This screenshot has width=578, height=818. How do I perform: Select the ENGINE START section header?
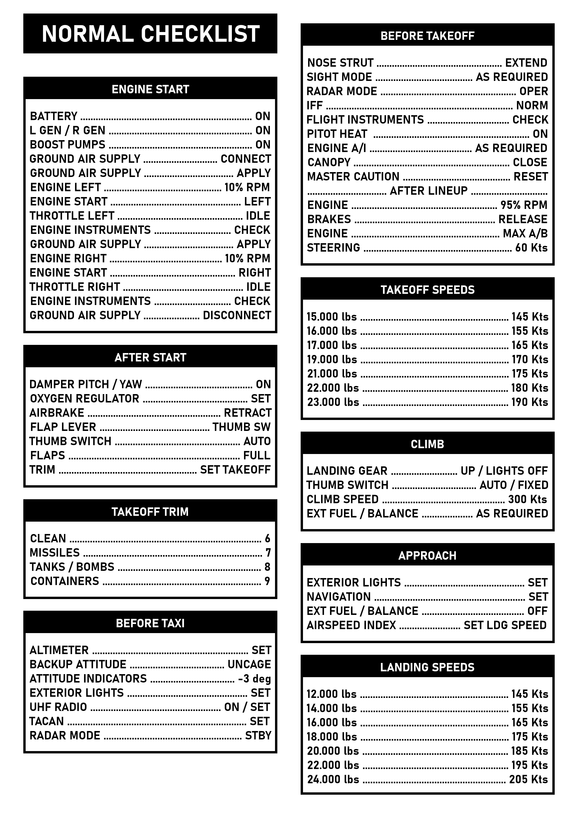(150, 89)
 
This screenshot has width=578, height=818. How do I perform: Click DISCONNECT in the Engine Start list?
(237, 315)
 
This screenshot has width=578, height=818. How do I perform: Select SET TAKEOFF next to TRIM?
(235, 470)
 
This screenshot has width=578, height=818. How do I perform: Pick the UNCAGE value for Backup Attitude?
(249, 664)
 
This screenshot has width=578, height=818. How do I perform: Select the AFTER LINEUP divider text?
(428, 191)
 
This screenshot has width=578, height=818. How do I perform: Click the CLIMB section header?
(427, 444)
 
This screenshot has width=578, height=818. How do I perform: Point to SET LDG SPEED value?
(505, 625)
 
